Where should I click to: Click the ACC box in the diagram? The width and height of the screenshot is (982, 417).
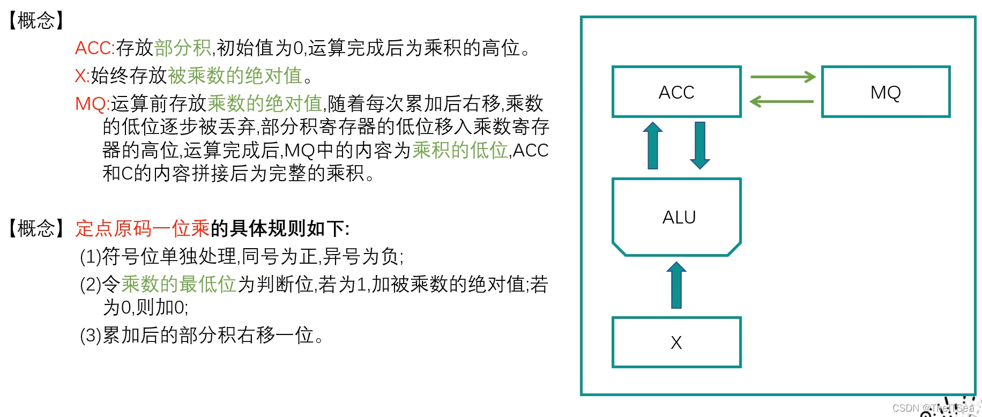click(x=676, y=92)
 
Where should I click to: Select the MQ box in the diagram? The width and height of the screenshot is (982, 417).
click(x=886, y=92)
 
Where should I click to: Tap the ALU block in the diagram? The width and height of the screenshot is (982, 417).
click(x=676, y=217)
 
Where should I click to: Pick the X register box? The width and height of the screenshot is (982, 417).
click(x=676, y=342)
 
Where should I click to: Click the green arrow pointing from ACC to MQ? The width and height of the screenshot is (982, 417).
click(x=783, y=77)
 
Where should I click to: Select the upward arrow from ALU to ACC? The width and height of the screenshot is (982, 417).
click(x=653, y=146)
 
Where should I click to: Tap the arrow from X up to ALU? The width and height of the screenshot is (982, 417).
click(x=676, y=285)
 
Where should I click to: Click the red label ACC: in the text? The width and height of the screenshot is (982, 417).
click(x=95, y=48)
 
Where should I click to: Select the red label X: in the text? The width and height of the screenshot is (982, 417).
click(x=82, y=76)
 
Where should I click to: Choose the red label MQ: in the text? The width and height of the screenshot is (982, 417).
click(x=92, y=103)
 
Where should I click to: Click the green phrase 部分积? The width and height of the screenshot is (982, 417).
click(x=183, y=48)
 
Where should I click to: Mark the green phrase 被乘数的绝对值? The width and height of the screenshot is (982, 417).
click(x=235, y=76)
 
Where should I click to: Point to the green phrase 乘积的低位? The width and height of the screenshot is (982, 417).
click(x=460, y=151)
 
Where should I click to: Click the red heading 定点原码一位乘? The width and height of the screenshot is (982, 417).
click(x=142, y=229)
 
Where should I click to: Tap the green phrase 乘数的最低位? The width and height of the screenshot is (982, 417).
click(x=179, y=284)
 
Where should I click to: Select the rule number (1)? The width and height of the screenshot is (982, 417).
click(x=90, y=257)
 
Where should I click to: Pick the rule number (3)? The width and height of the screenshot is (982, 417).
click(x=90, y=336)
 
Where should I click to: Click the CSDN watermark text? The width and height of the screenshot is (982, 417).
click(x=933, y=408)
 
